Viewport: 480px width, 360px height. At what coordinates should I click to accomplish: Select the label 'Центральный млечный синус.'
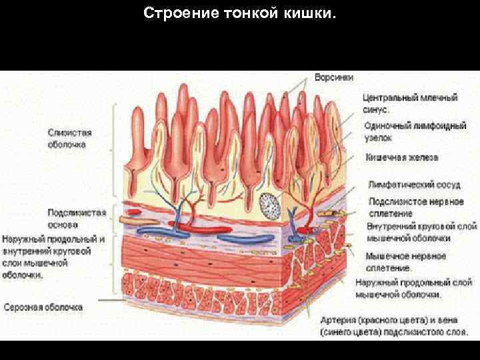click(409, 103)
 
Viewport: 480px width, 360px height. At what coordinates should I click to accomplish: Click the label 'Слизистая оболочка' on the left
click(70, 138)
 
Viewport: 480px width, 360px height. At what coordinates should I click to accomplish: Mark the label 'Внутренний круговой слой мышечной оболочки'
click(422, 232)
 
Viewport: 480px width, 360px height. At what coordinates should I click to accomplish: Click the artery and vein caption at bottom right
click(397, 325)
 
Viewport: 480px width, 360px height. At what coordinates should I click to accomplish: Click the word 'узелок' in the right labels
click(378, 137)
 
